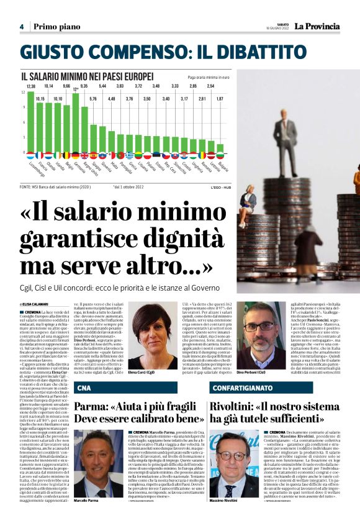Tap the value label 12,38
(x=31, y=86)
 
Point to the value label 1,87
(x=220, y=99)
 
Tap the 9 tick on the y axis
(x=24, y=107)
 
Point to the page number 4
(x=21, y=27)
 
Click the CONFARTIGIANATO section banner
(x=236, y=388)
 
